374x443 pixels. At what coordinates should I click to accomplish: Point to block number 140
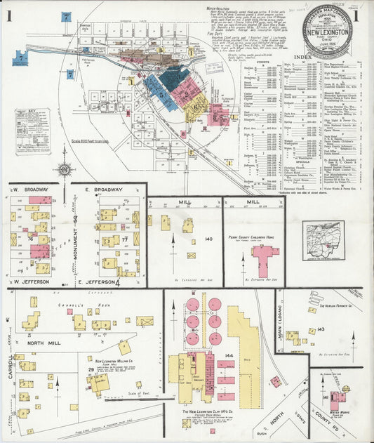208,239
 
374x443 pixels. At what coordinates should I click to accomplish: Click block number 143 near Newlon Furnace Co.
321,329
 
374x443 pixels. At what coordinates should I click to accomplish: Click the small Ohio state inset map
324,240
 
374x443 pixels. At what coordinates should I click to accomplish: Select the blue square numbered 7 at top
67,15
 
